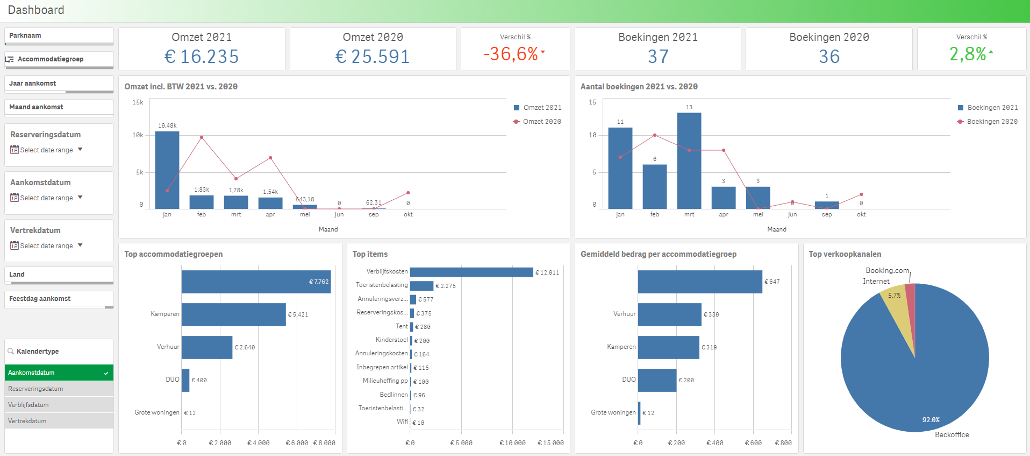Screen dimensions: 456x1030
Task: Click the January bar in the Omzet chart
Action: (x=167, y=170)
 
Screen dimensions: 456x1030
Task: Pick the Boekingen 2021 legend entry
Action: (x=988, y=108)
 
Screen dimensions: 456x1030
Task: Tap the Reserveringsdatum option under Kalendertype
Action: (x=35, y=389)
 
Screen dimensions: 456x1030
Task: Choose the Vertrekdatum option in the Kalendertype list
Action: (x=27, y=421)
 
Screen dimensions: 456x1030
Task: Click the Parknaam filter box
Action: (x=59, y=36)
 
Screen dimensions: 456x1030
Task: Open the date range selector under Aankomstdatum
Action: (x=46, y=198)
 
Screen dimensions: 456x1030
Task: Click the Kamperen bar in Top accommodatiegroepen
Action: (x=233, y=314)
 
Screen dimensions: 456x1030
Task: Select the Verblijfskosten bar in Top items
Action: (x=471, y=272)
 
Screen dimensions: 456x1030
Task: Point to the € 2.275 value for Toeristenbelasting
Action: (x=446, y=286)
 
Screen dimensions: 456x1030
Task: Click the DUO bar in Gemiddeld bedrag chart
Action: (x=657, y=380)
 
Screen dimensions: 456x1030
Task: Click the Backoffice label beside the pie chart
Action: (x=952, y=434)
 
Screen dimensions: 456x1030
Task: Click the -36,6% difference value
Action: (x=511, y=54)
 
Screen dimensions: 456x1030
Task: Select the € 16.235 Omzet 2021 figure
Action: (x=202, y=57)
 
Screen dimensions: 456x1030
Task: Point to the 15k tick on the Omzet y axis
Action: (x=138, y=102)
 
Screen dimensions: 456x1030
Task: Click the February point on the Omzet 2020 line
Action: (x=202, y=137)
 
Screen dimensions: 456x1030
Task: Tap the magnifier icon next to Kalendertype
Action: (x=11, y=351)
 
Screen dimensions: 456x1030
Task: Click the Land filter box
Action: (x=59, y=275)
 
